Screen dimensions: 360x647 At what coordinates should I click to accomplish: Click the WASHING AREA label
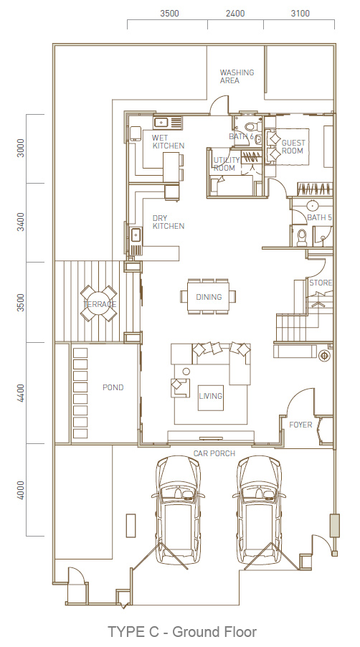pos(237,76)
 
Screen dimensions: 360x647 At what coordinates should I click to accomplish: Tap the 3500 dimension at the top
pos(169,13)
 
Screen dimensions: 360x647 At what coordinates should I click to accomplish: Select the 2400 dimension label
pos(235,13)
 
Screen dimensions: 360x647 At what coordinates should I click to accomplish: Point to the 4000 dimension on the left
pos(21,490)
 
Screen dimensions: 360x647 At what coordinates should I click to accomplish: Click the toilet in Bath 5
pos(302,237)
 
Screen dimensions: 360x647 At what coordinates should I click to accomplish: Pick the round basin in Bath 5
pos(312,204)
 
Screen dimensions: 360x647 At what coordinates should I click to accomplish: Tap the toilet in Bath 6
pos(250,127)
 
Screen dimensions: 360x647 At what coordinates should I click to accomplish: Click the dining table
pos(208,296)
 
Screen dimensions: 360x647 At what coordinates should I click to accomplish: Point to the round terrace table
pos(98,303)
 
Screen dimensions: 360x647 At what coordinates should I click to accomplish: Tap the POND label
pos(113,387)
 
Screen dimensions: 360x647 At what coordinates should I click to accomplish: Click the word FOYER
pos(300,425)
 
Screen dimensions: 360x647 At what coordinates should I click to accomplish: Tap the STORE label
pos(321,283)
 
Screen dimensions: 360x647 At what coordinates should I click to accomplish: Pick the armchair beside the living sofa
pos(180,387)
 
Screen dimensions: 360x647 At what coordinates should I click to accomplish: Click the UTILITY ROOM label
pos(227,164)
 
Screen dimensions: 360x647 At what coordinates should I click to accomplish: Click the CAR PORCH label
pos(214,453)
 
